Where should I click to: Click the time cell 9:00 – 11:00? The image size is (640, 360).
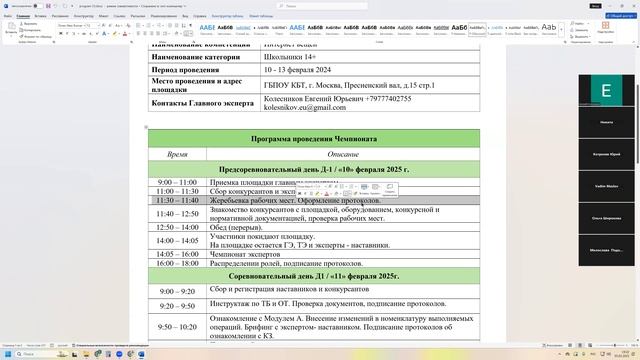point(177,182)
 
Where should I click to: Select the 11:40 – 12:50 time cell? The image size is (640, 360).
point(177,214)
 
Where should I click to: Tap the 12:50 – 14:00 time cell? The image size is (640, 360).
point(177,227)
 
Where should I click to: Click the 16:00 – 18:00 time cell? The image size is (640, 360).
point(177,263)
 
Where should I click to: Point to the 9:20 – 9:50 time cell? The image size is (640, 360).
point(177,306)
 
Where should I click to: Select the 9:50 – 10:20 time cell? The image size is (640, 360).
point(177,327)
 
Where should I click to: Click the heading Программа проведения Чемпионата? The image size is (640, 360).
point(314,138)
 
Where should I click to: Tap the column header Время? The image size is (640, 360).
point(177,154)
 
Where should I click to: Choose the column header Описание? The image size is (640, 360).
point(343,154)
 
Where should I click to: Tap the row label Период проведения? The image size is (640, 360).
point(191,70)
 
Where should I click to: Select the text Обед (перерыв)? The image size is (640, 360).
point(240,227)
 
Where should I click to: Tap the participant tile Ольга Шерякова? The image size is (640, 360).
point(606,218)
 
